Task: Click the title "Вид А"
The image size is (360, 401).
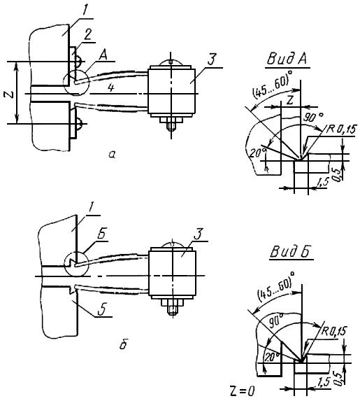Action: [287, 59]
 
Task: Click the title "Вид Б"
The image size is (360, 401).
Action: [290, 252]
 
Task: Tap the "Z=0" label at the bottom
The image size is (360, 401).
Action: [243, 391]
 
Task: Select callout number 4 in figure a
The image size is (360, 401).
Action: [110, 88]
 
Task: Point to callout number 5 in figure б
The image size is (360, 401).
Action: [102, 309]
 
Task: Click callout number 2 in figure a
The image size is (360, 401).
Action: [87, 34]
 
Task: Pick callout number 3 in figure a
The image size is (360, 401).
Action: [212, 59]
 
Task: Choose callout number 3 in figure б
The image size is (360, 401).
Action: [199, 234]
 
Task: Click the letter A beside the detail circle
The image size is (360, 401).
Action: [103, 55]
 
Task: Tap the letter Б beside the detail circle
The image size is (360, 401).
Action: [101, 234]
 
